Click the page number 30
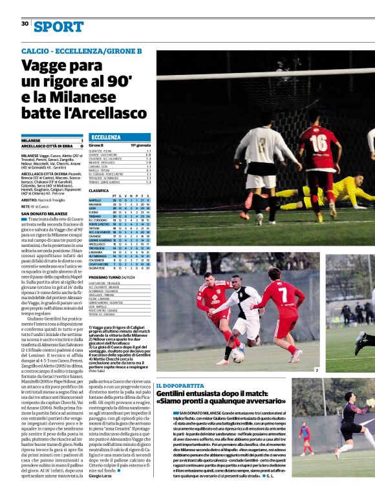point(25,23)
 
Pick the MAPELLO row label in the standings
point(95,201)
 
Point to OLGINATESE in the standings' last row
point(98,268)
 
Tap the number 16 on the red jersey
point(318,143)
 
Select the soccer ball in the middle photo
point(237,355)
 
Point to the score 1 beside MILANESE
point(81,140)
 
